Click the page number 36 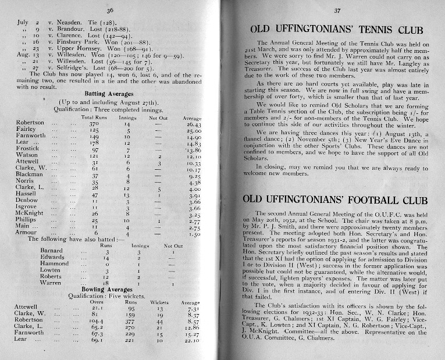pyautogui.click(x=111, y=10)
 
